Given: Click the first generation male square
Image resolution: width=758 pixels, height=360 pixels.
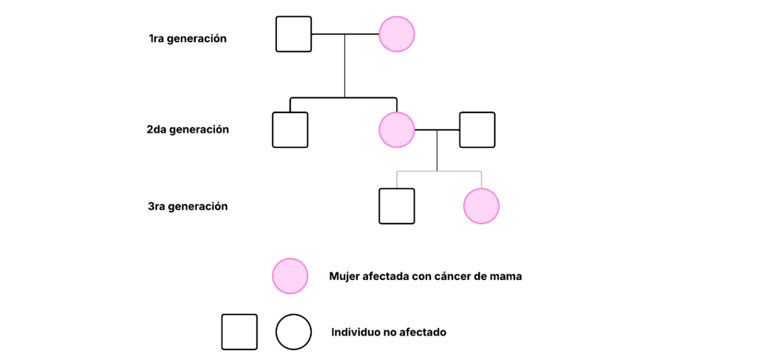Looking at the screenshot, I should tap(293, 34).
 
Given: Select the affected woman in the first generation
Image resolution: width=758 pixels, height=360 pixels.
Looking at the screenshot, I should tap(396, 34).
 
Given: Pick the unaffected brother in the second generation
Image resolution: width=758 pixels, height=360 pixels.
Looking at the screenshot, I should tap(290, 130).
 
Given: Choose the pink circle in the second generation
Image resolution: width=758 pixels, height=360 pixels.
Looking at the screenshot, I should tap(396, 130).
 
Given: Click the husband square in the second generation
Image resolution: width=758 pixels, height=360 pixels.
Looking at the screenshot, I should tap(477, 130).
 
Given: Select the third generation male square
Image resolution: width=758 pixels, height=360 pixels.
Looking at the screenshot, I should tap(396, 206).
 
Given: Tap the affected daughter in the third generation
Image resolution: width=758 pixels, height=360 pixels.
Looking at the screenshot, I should tap(481, 206).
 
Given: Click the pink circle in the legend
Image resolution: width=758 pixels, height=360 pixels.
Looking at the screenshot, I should tap(290, 276).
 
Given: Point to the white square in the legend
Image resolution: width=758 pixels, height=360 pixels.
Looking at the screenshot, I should tap(239, 332).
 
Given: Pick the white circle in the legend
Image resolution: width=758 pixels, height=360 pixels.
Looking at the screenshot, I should tap(293, 332).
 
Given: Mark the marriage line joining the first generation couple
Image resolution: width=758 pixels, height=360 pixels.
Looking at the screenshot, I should tap(345, 34).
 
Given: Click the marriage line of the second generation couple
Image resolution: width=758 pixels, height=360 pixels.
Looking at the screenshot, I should tap(437, 130).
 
